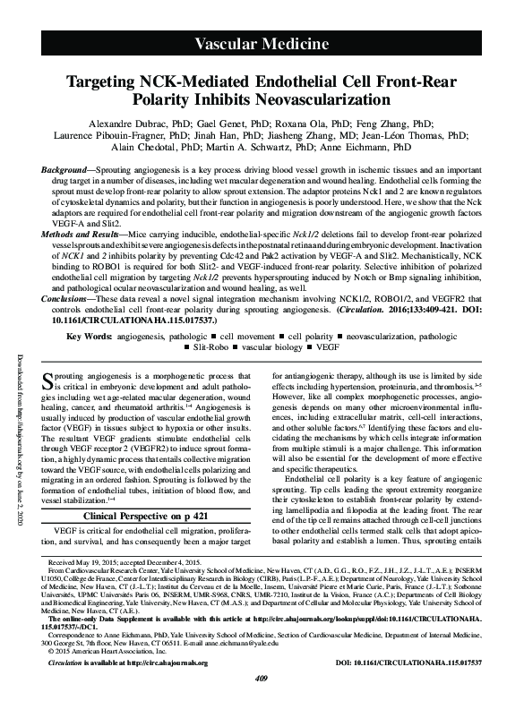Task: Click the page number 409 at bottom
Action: (262, 689)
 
